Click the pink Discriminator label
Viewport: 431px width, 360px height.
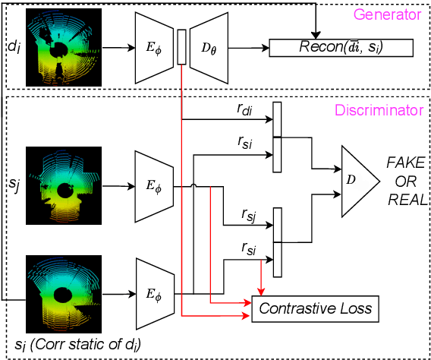(x=380, y=110)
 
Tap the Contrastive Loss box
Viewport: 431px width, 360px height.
(x=314, y=308)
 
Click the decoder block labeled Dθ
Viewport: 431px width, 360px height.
(x=208, y=47)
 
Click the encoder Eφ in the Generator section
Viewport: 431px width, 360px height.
(x=154, y=47)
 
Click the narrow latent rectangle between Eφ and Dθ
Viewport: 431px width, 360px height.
(x=181, y=47)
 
